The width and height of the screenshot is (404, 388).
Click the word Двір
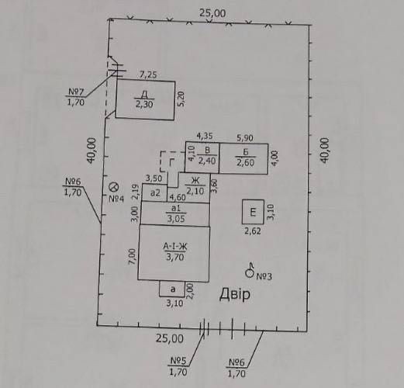click(x=235, y=295)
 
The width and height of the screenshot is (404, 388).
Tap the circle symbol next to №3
click(x=250, y=273)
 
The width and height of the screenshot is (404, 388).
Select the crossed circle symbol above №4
click(x=113, y=187)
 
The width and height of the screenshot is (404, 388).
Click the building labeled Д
click(x=145, y=99)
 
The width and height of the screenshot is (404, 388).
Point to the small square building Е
click(x=253, y=212)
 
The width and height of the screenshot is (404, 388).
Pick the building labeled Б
click(x=243, y=158)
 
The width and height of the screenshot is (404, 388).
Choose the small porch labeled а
click(x=172, y=289)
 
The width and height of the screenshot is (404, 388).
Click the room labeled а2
click(x=155, y=192)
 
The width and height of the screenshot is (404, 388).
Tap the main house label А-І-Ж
click(x=175, y=246)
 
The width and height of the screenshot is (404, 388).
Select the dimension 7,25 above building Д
click(x=148, y=74)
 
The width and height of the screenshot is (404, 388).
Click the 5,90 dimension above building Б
click(x=245, y=138)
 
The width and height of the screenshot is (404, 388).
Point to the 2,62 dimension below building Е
click(x=253, y=231)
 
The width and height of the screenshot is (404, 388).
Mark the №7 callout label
click(x=76, y=92)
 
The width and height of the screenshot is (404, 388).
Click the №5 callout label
click(x=178, y=361)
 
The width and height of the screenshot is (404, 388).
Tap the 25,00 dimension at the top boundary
click(x=212, y=13)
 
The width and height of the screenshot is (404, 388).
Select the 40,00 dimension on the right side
click(x=325, y=150)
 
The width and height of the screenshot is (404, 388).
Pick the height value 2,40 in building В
click(x=207, y=161)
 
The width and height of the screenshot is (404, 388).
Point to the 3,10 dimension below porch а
click(x=174, y=303)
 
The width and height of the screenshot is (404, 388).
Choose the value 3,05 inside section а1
click(x=176, y=219)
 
